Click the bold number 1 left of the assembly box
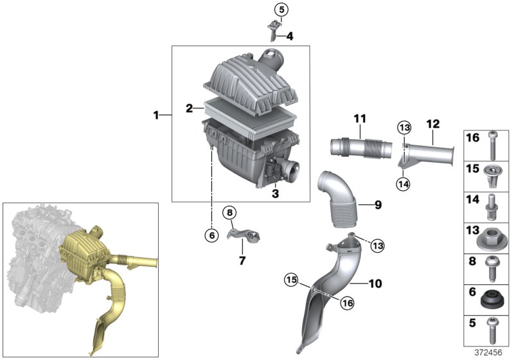[x=155, y=115]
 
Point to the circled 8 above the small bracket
[x=230, y=212]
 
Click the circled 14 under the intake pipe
[x=403, y=183]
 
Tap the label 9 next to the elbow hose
[x=378, y=205]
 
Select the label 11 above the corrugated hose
[x=359, y=119]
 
